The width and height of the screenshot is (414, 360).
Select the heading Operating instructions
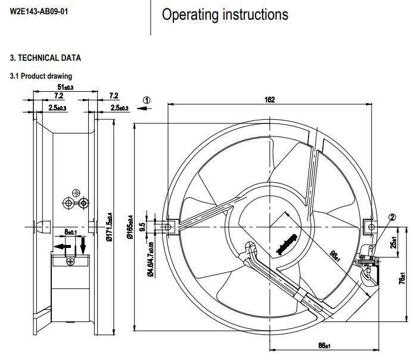click(x=225, y=14)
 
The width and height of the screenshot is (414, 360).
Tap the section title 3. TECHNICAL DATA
click(x=45, y=58)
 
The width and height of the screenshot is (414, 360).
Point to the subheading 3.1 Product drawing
click(x=41, y=76)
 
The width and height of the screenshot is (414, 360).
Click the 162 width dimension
click(x=269, y=100)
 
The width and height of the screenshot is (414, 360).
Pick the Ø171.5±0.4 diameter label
click(x=108, y=228)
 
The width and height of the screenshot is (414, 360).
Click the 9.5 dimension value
click(x=142, y=227)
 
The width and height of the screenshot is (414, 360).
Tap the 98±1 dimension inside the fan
click(x=335, y=256)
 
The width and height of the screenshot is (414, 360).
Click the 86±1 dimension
click(x=324, y=346)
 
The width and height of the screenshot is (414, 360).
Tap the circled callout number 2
click(x=393, y=217)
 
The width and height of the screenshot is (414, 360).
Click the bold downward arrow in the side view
click(x=83, y=244)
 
